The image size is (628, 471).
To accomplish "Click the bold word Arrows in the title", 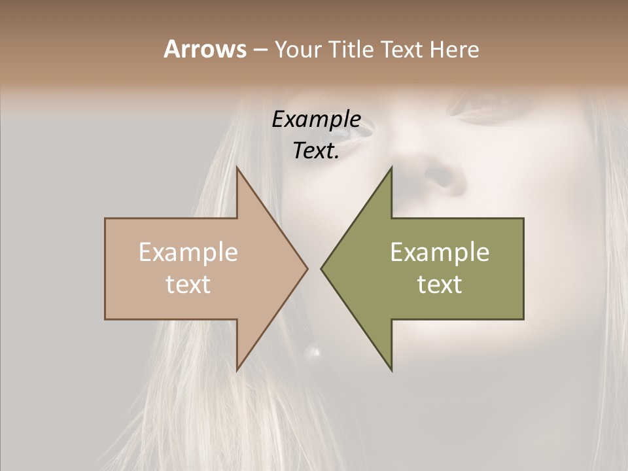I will click(205, 49).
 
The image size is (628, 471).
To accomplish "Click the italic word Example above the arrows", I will click(316, 119).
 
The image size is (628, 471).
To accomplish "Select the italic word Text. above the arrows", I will click(316, 150).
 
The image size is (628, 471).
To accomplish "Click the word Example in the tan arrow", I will click(188, 253).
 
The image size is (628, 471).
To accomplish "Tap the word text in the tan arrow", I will click(188, 285).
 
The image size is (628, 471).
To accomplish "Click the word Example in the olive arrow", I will click(440, 253).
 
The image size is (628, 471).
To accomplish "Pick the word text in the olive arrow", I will click(440, 285).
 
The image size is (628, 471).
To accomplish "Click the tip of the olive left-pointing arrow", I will click(321, 268).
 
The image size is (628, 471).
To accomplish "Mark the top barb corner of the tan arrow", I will click(237, 167).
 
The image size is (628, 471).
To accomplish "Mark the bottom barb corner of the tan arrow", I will click(237, 370).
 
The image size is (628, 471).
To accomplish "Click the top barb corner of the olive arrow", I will click(392, 167).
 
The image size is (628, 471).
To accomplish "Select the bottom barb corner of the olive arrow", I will click(392, 370).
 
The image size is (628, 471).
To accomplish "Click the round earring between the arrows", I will click(313, 353).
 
